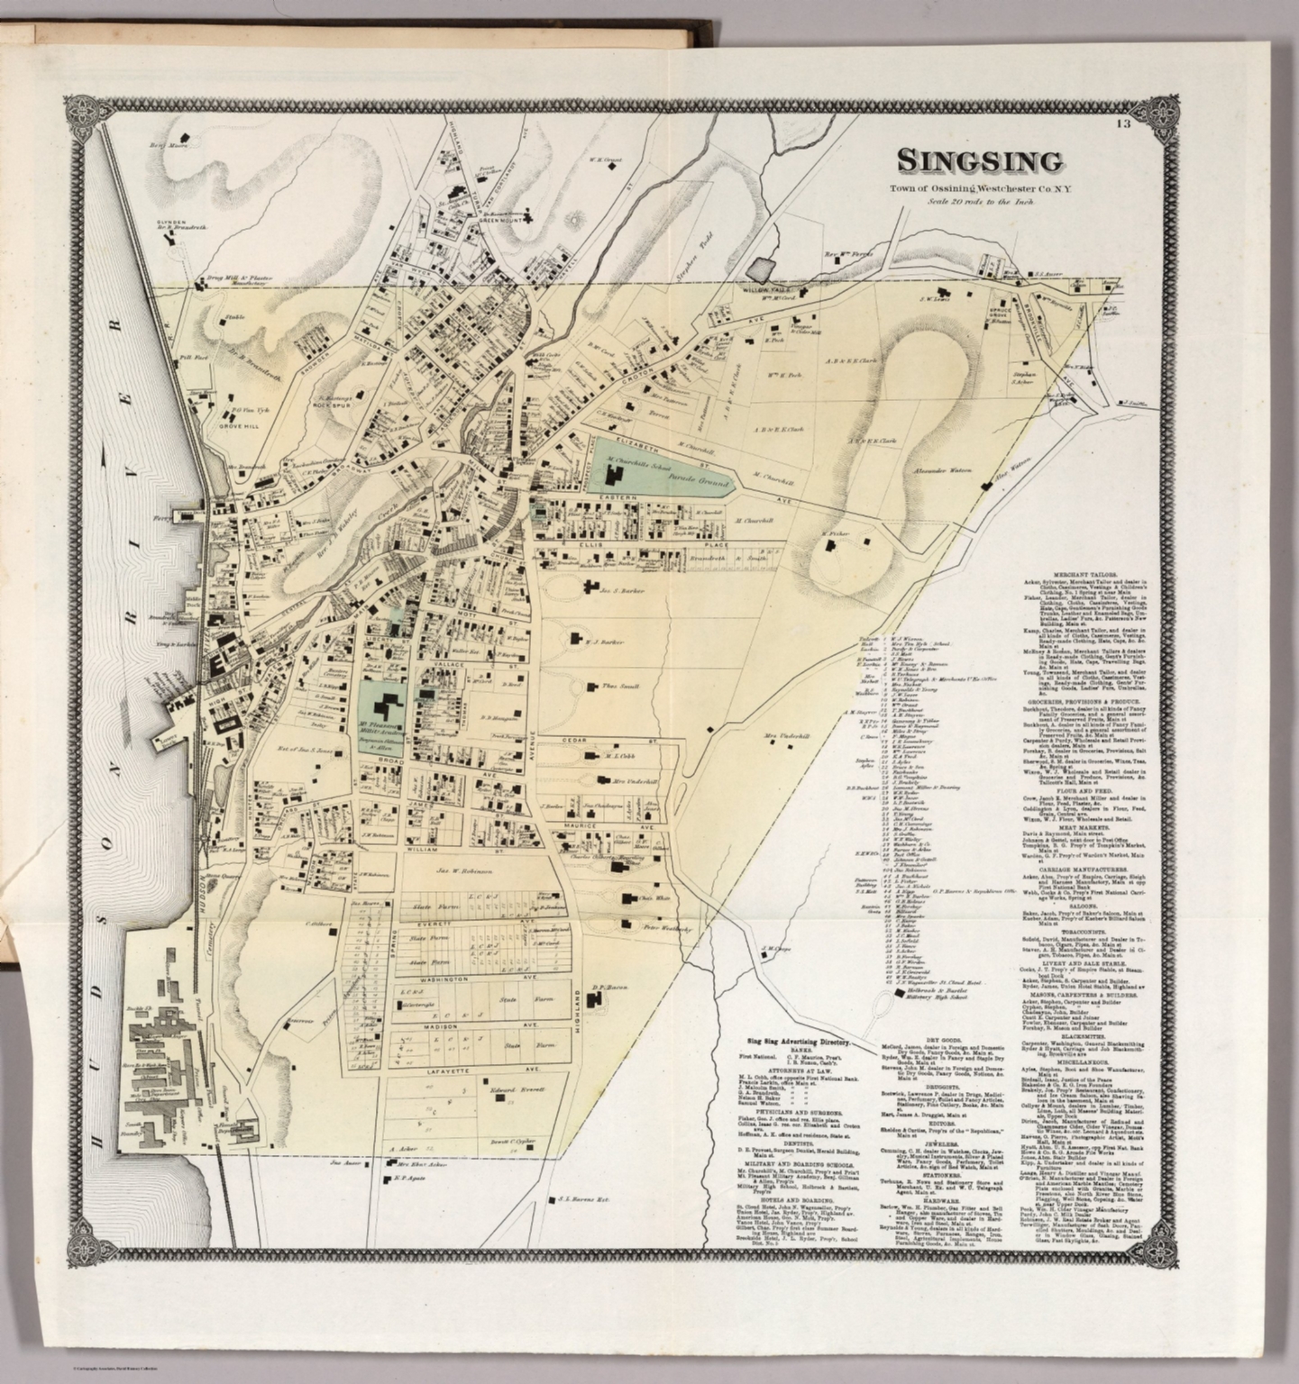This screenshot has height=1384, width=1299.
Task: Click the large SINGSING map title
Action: click(x=978, y=161)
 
